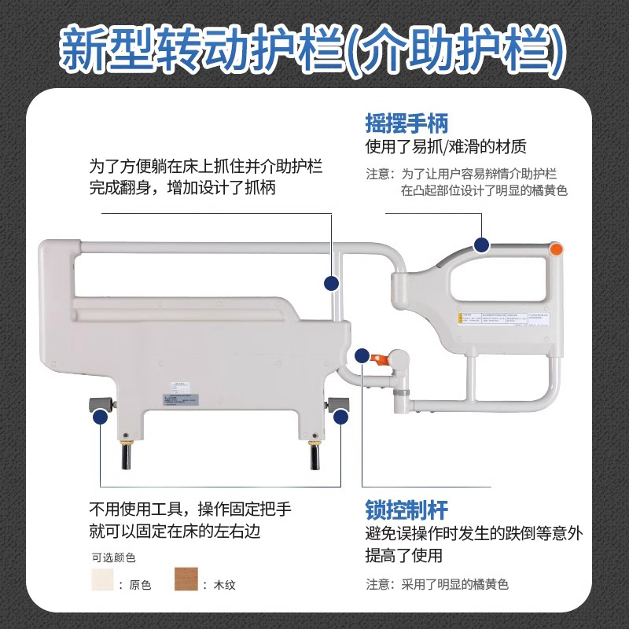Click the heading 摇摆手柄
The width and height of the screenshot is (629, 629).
(x=406, y=123)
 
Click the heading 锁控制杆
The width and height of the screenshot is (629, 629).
(x=406, y=509)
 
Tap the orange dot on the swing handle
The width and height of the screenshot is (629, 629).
(x=557, y=250)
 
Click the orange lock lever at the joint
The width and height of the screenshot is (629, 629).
(x=379, y=359)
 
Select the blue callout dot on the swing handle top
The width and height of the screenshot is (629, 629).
(x=481, y=245)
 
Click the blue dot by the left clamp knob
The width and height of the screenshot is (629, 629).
(x=101, y=418)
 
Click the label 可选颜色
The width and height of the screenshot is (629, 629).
(x=114, y=557)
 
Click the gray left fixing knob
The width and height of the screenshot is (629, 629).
(x=99, y=404)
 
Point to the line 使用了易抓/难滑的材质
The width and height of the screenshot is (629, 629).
(x=446, y=147)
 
